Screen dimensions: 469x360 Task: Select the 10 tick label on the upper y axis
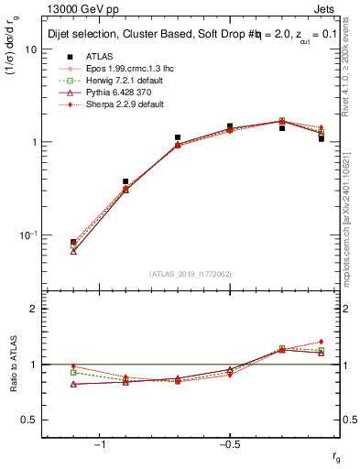pyautogui.click(x=30, y=49)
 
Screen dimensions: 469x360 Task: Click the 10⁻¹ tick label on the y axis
pyautogui.click(x=27, y=235)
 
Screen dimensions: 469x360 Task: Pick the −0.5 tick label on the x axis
pyautogui.click(x=228, y=444)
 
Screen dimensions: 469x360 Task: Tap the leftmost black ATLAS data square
pyautogui.click(x=73, y=243)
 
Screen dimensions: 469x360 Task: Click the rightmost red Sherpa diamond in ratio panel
pyautogui.click(x=322, y=342)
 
